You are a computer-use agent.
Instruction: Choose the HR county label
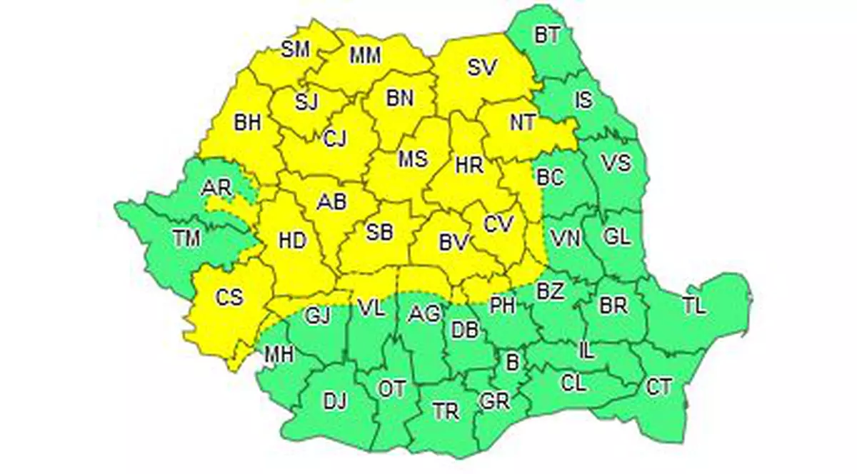click(x=469, y=165)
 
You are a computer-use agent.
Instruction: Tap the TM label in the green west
click(x=186, y=239)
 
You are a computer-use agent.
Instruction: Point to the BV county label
click(x=453, y=243)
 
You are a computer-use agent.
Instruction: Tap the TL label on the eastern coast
click(x=693, y=307)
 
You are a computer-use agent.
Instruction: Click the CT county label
click(x=658, y=388)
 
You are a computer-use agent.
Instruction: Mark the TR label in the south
click(x=446, y=411)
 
